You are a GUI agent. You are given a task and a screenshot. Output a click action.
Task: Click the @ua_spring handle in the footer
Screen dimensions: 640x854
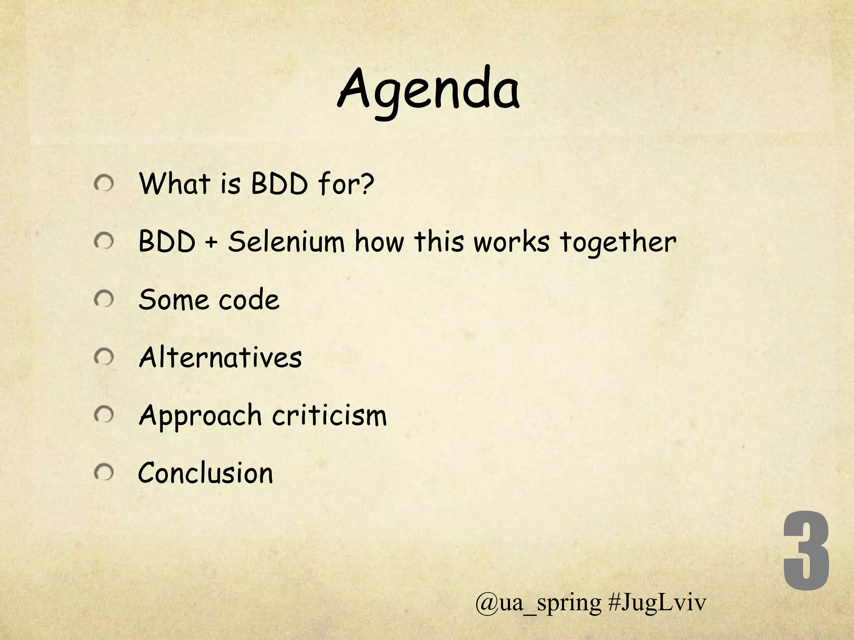[538, 603]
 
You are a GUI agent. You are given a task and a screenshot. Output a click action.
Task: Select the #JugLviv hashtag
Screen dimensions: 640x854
[657, 603]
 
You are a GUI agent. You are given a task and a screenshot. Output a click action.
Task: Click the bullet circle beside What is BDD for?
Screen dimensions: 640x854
[103, 184]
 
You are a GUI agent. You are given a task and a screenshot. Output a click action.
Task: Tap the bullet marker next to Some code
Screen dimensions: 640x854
[103, 299]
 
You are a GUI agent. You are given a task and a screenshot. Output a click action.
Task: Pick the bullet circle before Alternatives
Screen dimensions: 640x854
[103, 357]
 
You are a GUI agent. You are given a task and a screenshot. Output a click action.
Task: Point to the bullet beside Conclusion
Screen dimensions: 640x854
[103, 473]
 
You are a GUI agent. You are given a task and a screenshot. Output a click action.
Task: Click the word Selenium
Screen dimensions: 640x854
[286, 242]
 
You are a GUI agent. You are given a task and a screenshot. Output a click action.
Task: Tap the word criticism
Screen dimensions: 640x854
[330, 415]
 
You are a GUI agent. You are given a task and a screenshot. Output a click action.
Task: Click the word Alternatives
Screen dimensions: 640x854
[220, 357]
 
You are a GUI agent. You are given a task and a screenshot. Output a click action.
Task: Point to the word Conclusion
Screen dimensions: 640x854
[206, 473]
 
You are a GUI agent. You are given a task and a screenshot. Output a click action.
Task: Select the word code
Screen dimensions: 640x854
[249, 300]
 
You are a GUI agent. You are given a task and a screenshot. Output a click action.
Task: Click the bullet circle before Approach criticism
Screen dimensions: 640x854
[103, 415]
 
